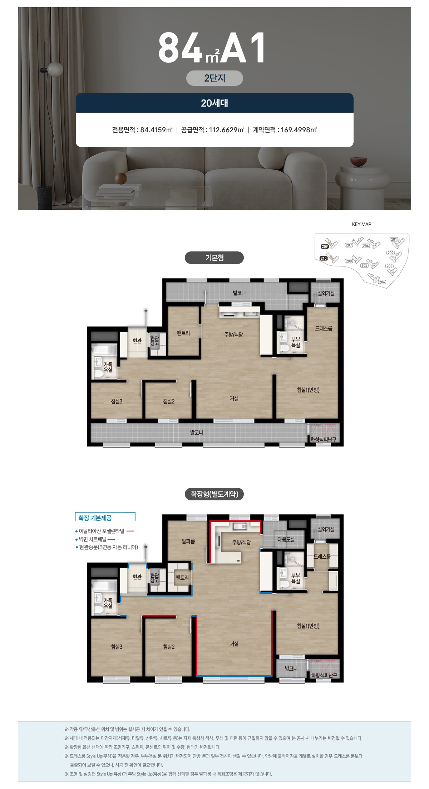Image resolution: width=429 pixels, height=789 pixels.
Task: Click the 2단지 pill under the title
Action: (214, 78)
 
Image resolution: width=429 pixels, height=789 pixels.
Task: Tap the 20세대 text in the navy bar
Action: (214, 103)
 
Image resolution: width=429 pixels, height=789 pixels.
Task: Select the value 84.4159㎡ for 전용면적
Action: (156, 130)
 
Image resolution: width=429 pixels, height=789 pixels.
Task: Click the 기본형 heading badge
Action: (214, 258)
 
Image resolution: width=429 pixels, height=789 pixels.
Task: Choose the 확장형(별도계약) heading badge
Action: (214, 494)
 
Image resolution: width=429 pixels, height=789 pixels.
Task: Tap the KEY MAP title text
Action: (361, 224)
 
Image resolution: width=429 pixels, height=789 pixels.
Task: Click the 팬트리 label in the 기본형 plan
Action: (183, 333)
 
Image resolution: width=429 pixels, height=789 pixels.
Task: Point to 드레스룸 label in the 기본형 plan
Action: (324, 328)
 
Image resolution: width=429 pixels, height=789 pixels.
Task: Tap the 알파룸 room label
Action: (188, 541)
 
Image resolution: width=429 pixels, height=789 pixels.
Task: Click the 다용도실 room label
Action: (286, 539)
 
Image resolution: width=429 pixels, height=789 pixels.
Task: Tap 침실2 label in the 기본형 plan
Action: (169, 401)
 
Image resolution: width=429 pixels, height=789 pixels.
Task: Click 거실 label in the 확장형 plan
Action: (234, 644)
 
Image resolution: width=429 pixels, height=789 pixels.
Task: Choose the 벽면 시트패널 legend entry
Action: (95, 539)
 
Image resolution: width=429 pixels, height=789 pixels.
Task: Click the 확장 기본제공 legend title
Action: (95, 518)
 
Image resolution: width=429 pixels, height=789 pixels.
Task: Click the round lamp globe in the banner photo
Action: (55, 69)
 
